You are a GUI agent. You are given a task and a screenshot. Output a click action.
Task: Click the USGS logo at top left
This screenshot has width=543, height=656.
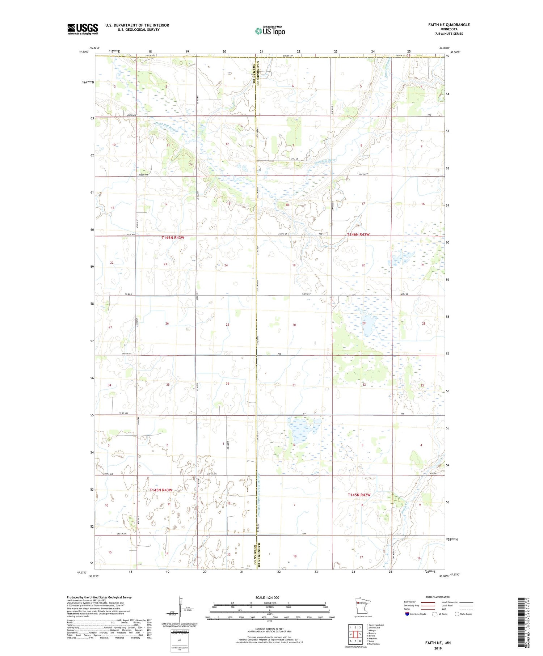[83, 29]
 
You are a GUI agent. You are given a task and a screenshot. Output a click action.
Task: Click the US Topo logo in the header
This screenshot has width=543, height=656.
[270, 31]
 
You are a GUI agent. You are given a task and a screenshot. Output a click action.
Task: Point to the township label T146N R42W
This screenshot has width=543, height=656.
[358, 234]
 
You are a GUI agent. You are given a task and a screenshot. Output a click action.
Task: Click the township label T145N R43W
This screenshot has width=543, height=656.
[161, 490]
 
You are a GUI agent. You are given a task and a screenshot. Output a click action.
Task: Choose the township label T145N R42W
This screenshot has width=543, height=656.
[359, 495]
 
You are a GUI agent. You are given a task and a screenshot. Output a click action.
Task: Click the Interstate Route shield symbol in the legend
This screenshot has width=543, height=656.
[407, 614]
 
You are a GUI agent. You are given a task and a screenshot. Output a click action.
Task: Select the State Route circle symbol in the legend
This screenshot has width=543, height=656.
[457, 614]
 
